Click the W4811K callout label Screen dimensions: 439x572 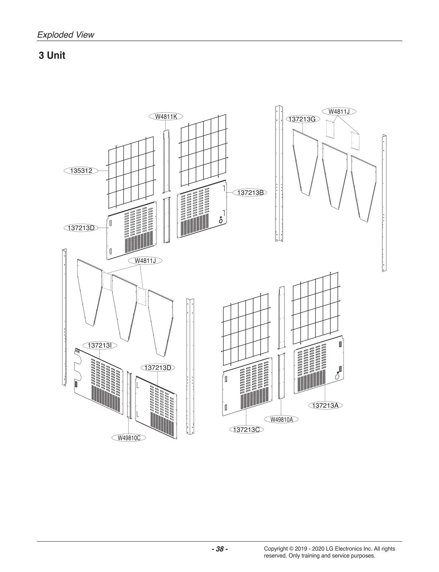point(166,116)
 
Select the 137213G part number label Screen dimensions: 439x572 point(303,119)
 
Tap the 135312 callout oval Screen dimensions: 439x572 point(81,170)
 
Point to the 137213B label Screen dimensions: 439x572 point(251,192)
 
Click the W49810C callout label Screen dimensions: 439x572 point(129,438)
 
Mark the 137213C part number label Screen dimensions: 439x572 point(246,429)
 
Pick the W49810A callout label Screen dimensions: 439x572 point(281,419)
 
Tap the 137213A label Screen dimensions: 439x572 point(325,405)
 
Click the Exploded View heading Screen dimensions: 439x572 point(66,35)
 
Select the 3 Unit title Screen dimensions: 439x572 point(52,56)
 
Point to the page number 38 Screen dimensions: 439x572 point(219,549)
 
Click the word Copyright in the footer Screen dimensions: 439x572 point(276,549)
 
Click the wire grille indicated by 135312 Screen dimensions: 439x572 point(131,172)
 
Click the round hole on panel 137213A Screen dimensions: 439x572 point(337,377)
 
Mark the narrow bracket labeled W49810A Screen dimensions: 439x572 point(281,376)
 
